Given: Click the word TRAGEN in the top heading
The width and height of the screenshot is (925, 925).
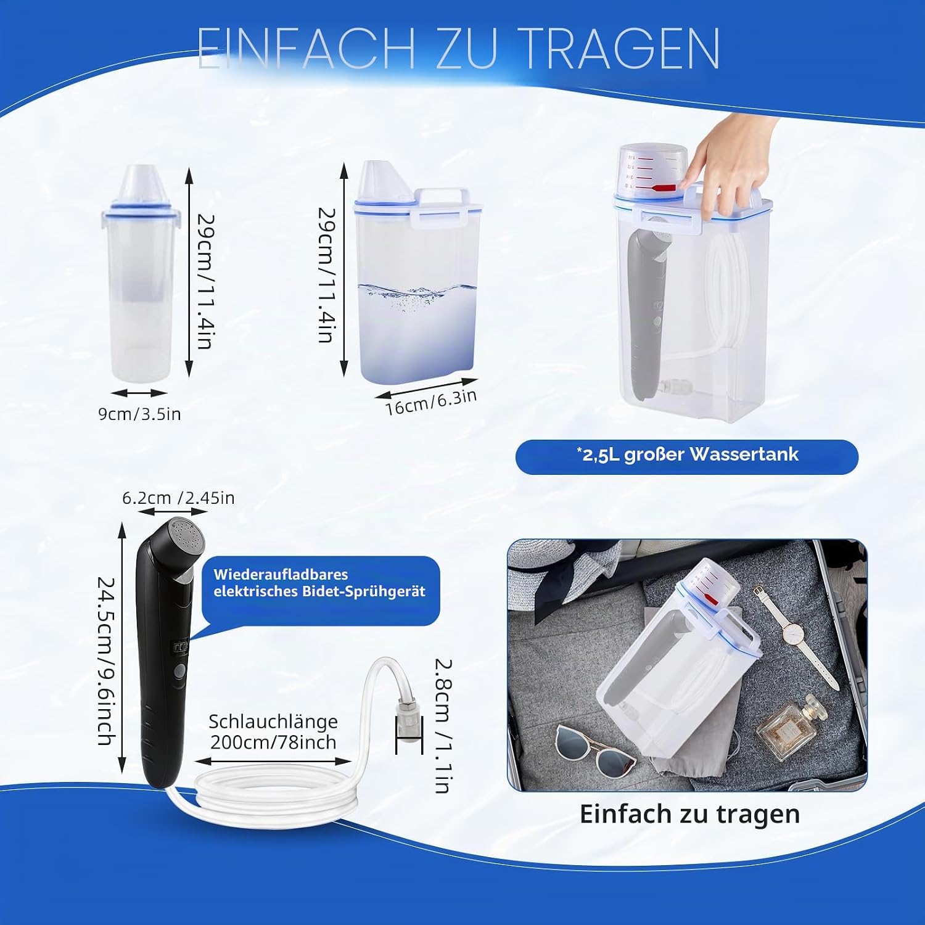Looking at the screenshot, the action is click(621, 48).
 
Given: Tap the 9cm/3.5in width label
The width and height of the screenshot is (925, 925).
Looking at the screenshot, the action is click(139, 414).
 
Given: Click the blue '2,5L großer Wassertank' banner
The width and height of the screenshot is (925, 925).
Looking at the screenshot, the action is click(687, 457).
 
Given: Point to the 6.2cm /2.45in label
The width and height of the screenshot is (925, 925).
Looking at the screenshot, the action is click(178, 498).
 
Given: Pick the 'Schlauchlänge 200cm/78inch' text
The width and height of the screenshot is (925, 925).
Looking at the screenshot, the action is click(273, 731).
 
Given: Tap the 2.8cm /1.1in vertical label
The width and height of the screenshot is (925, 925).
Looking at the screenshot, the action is click(443, 726).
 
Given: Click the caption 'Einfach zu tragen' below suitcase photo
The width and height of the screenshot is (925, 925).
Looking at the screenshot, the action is click(689, 814).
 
